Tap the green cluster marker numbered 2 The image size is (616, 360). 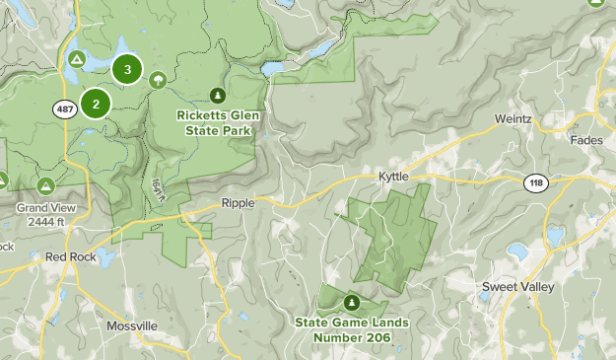click(96, 103)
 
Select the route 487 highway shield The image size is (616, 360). click(66, 110)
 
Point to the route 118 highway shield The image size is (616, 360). click(534, 184)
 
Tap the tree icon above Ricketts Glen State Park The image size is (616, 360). click(217, 96)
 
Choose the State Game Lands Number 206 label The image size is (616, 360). click(352, 329)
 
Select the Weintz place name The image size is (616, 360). click(513, 119)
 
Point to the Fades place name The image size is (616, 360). click(586, 140)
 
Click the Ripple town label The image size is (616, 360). click(239, 202)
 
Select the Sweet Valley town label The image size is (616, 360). click(517, 287)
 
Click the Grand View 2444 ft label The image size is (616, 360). click(45, 215)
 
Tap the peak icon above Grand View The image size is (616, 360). click(45, 185)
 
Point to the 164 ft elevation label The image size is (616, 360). click(158, 190)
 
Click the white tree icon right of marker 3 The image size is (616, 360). click(158, 80)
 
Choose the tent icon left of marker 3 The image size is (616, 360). click(76, 60)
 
